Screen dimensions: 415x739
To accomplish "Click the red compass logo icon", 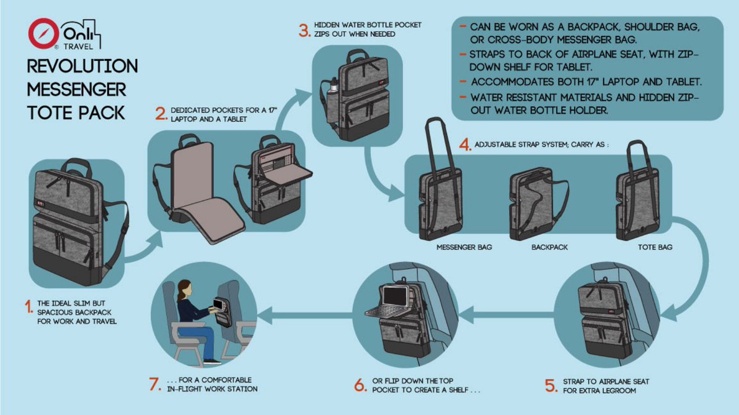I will click(44, 34).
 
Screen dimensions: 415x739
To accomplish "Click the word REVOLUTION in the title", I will click(83, 66).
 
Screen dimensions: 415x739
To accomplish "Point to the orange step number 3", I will click(304, 30).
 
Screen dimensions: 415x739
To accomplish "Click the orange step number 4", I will click(466, 145).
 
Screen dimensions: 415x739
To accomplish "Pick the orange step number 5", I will click(550, 385).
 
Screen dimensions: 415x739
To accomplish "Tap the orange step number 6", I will click(360, 385).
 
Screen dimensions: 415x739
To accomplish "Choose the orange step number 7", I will click(155, 384).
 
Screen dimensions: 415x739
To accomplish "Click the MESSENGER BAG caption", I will click(464, 247).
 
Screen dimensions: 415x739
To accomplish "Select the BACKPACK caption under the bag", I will click(549, 247).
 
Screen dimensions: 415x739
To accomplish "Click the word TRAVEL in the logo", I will click(83, 45).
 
